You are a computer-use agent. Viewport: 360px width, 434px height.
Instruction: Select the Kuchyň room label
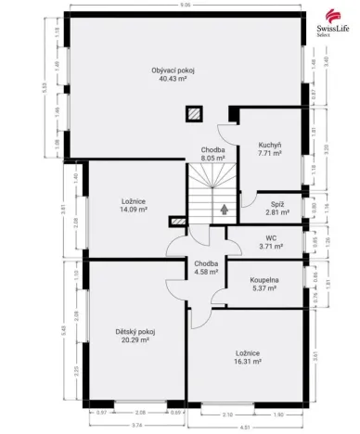270,145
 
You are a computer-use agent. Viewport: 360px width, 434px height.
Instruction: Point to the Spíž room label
276,203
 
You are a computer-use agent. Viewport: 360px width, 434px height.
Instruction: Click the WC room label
271,238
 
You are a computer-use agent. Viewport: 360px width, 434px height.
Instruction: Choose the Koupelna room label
264,277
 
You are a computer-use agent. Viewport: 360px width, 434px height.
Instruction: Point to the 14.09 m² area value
134,210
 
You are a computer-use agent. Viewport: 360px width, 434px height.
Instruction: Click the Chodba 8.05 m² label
214,154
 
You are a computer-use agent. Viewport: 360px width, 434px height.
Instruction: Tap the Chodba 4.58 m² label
206,267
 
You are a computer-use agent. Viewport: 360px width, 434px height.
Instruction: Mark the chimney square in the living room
194,115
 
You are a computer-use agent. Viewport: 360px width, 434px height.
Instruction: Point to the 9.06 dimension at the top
186,6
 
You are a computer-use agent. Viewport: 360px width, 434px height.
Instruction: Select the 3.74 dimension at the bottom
137,425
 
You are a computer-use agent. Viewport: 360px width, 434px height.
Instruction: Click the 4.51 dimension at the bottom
244,428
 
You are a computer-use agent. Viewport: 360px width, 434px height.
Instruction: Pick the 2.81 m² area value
276,212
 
